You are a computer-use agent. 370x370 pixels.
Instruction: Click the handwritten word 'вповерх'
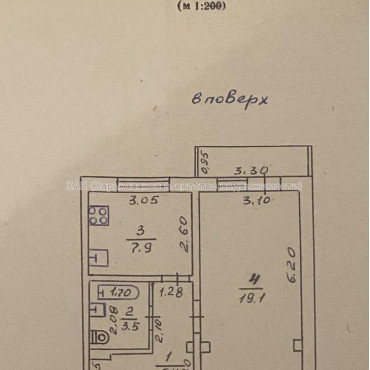click(x=232, y=99)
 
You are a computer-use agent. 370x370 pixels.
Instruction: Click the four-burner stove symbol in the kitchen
click(x=99, y=216)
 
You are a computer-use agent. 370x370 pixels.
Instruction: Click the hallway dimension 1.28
click(x=172, y=292)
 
